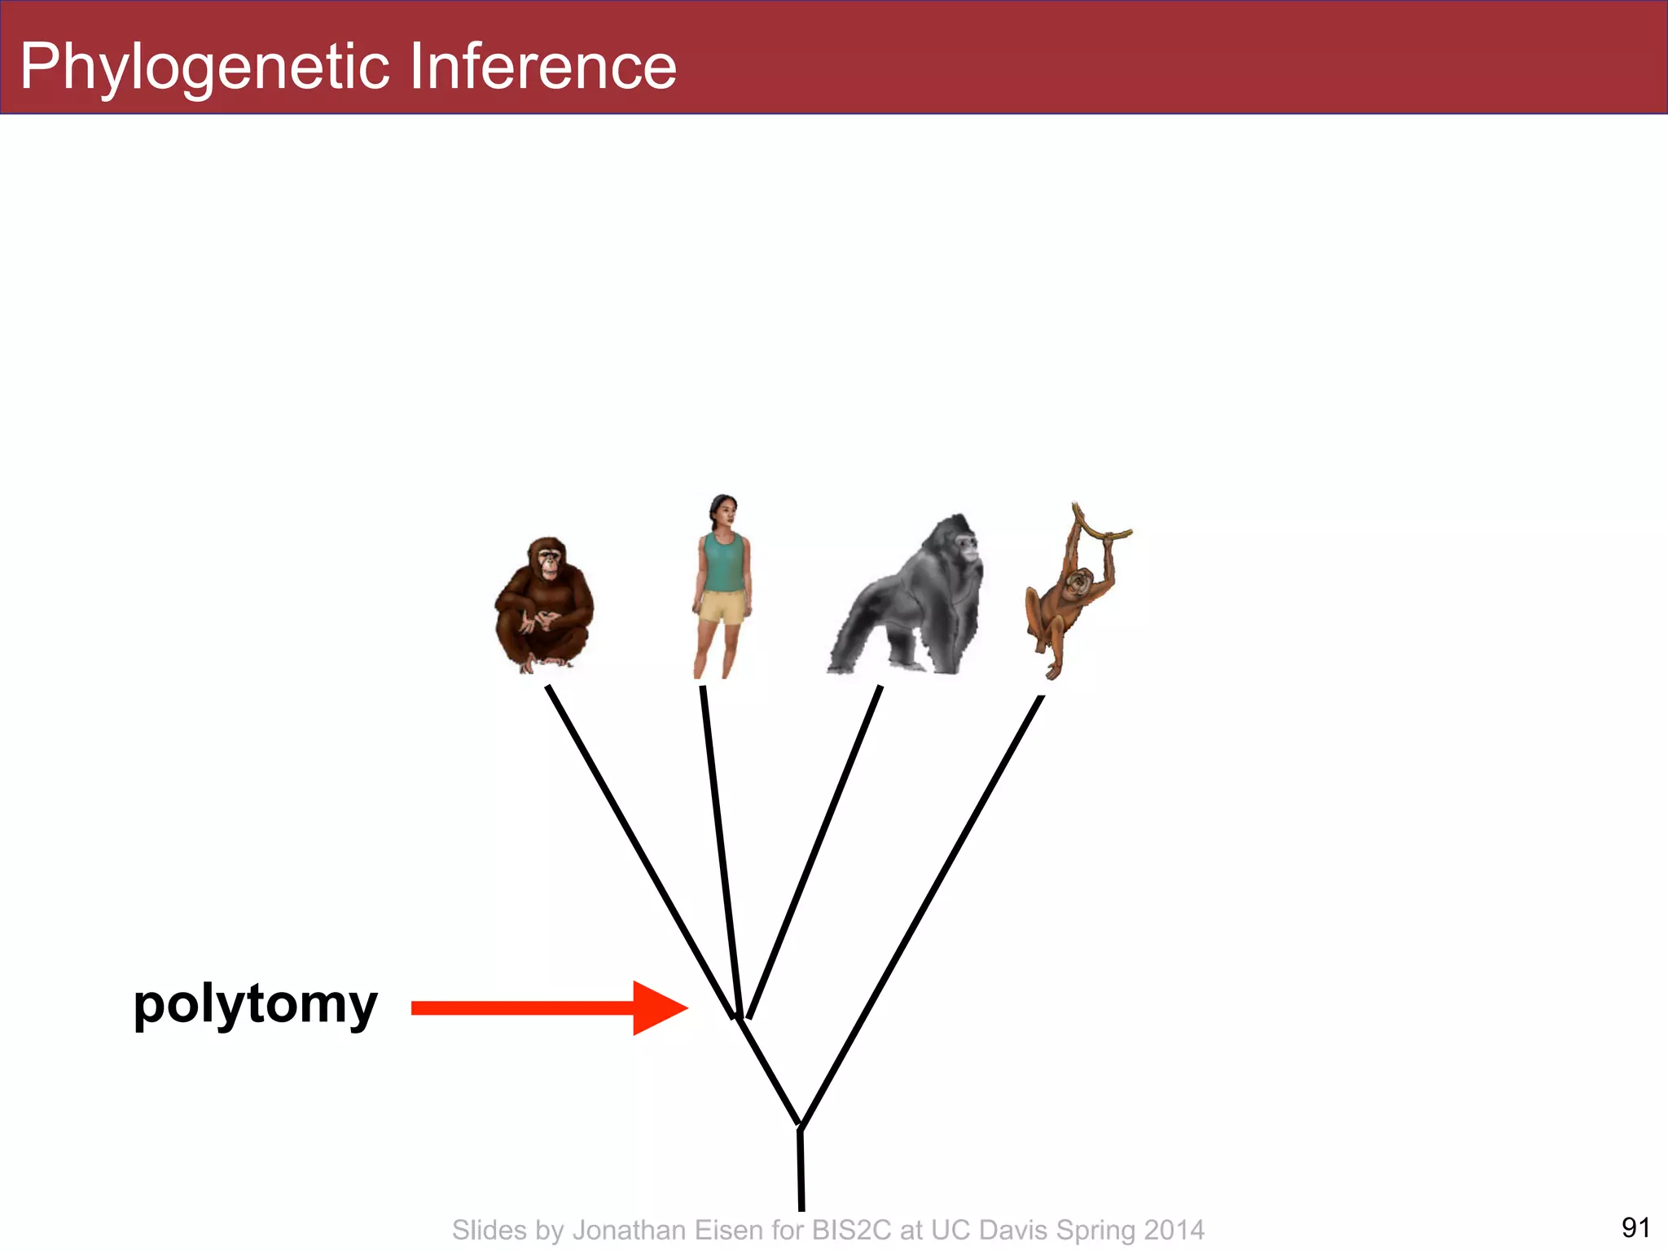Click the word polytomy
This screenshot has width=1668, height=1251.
tap(255, 1005)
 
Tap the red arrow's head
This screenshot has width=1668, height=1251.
tap(660, 1008)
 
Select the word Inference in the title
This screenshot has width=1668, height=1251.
tap(543, 67)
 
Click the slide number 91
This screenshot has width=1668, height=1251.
tap(1635, 1227)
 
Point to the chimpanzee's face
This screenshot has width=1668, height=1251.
tap(549, 562)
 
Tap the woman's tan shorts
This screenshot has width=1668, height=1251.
tap(722, 608)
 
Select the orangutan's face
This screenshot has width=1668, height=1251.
tap(1080, 583)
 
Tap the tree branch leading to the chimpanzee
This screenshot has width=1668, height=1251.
tap(639, 851)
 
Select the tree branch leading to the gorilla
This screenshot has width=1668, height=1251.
tap(814, 851)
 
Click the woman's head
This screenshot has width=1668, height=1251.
tap(723, 510)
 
